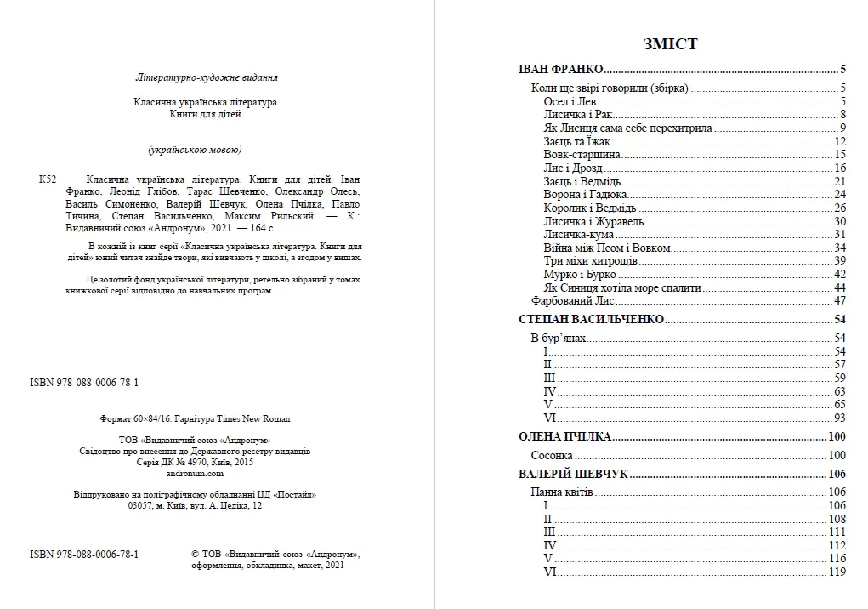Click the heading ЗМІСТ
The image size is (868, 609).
(x=671, y=44)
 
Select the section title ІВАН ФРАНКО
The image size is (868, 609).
(x=560, y=70)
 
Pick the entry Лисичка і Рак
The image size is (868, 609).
(x=577, y=115)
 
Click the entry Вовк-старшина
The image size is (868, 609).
(x=582, y=155)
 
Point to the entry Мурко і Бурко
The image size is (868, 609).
(x=580, y=275)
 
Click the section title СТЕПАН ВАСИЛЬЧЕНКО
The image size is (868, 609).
(x=590, y=320)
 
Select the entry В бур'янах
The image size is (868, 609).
(x=559, y=339)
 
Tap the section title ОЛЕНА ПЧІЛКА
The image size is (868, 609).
(x=564, y=437)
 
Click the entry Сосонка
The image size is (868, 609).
(x=552, y=456)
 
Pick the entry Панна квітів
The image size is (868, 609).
(x=562, y=492)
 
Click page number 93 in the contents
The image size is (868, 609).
(x=839, y=418)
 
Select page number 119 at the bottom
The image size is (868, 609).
(x=837, y=572)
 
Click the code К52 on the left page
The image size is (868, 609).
(x=48, y=180)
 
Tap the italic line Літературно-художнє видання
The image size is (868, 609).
(x=207, y=77)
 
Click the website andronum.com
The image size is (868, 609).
(x=194, y=474)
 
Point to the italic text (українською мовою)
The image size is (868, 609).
(x=195, y=151)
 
